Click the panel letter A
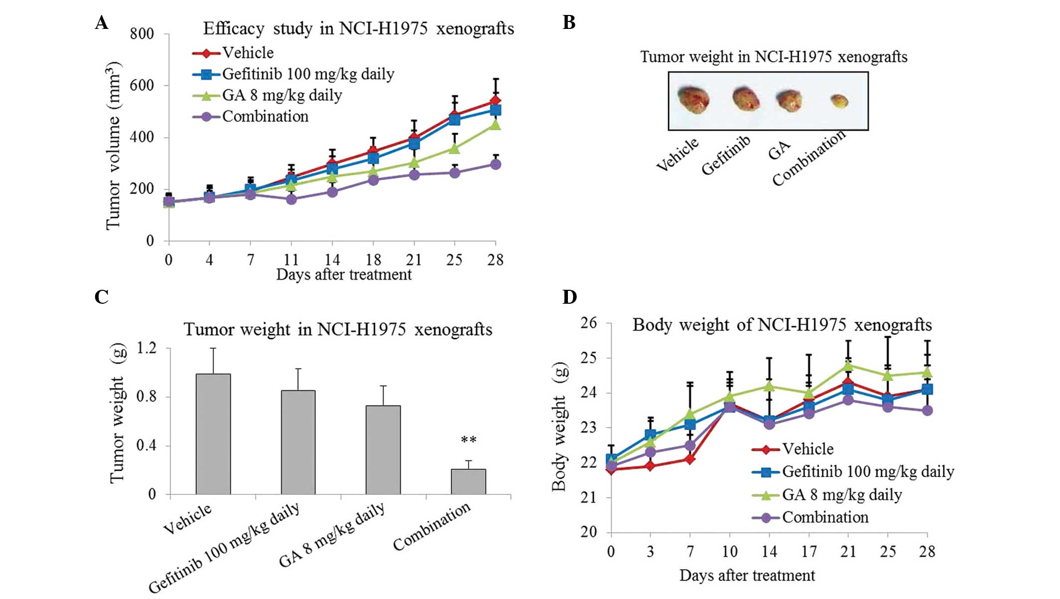[102, 23]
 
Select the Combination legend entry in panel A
[265, 117]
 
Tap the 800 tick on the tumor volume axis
[142, 34]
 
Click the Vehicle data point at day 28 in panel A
[495, 101]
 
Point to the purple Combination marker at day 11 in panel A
[292, 200]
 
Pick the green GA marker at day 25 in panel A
[454, 148]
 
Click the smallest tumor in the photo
[840, 101]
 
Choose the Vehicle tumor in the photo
[694, 99]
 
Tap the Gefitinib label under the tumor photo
[725, 156]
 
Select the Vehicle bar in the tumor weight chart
[213, 434]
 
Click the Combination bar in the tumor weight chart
[468, 481]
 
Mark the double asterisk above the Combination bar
[468, 440]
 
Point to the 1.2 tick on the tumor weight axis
[147, 348]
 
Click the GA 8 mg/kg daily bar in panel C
[383, 449]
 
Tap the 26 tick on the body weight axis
[588, 323]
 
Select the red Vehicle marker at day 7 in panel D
[690, 459]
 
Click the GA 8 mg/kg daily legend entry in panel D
[842, 495]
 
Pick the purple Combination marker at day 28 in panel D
[927, 410]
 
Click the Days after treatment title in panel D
[747, 576]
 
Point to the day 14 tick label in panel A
[332, 260]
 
